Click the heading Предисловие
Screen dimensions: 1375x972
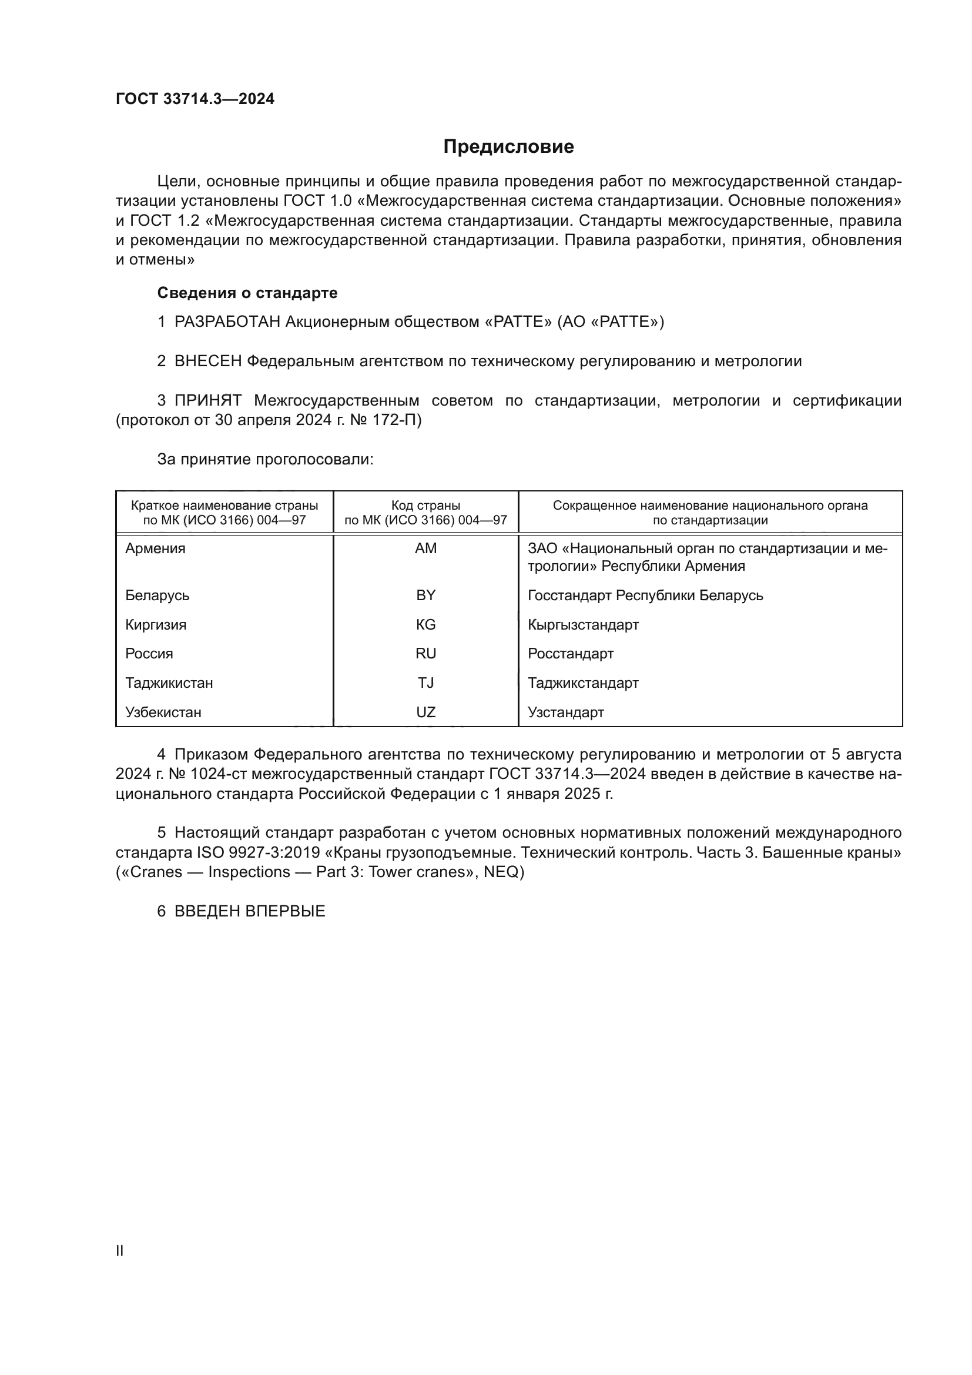click(508, 147)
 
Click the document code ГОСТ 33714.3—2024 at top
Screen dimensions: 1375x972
click(195, 99)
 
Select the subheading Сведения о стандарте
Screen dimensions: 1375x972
click(247, 293)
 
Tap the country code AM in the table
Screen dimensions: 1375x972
click(425, 548)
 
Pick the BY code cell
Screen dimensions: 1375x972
click(425, 596)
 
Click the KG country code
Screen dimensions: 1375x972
click(425, 625)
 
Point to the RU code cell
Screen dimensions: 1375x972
click(425, 653)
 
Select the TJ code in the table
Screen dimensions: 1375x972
click(425, 683)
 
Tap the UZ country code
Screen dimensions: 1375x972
click(425, 712)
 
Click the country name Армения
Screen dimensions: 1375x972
click(155, 548)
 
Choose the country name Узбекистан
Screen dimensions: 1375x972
click(163, 712)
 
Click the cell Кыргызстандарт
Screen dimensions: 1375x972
click(583, 625)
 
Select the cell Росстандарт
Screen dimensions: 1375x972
click(571, 653)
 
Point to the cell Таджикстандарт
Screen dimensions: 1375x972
click(583, 683)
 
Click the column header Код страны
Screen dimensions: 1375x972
click(425, 506)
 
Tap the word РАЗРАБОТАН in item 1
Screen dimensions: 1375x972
click(227, 322)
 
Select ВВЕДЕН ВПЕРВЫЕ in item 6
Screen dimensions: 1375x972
click(250, 912)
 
